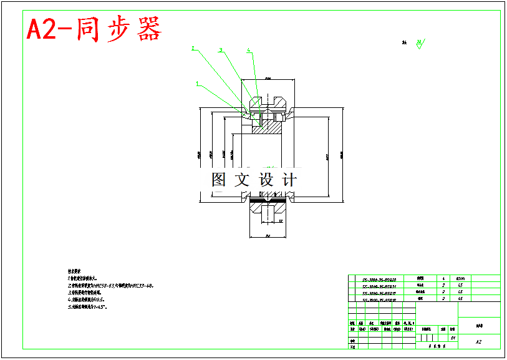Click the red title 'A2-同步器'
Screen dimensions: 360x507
[94, 28]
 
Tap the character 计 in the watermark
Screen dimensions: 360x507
[289, 180]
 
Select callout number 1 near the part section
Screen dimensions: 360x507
[197, 83]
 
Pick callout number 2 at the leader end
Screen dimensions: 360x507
[193, 48]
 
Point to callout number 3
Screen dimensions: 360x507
[220, 49]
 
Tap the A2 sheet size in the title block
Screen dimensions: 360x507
[478, 342]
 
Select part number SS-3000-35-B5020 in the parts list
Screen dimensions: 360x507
[379, 280]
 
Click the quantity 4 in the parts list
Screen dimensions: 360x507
[443, 279]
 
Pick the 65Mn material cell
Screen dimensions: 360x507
[460, 279]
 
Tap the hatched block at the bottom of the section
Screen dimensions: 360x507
[267, 212]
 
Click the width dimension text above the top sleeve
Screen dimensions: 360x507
[268, 79]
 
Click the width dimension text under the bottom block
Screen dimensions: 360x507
[267, 236]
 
